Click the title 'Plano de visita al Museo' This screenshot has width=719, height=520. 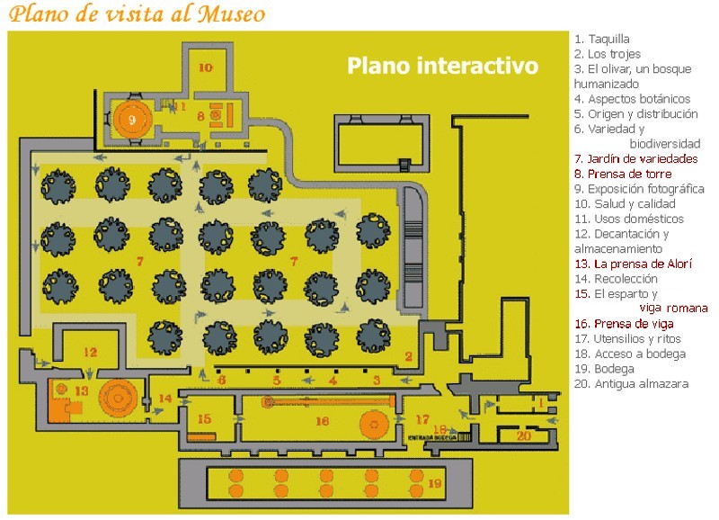[x=138, y=14]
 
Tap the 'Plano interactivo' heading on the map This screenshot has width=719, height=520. [x=442, y=66]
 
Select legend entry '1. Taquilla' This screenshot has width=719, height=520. [x=601, y=39]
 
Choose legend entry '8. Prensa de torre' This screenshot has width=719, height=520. [x=622, y=174]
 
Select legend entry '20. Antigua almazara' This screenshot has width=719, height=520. [x=631, y=384]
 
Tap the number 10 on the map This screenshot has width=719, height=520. [x=205, y=67]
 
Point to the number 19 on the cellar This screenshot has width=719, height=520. [x=435, y=484]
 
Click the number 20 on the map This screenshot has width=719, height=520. [x=523, y=435]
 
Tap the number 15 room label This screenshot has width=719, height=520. [x=204, y=419]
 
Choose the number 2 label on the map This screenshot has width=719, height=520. [x=408, y=357]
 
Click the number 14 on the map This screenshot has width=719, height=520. [x=164, y=399]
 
